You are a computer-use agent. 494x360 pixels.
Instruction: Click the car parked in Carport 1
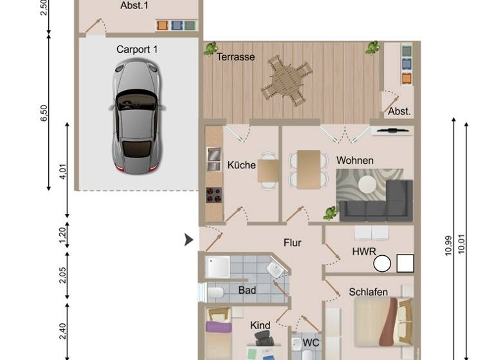136,116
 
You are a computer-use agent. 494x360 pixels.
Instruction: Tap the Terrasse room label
235,57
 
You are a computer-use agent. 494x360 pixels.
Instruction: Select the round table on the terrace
284,80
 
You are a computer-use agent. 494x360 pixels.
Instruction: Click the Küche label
241,165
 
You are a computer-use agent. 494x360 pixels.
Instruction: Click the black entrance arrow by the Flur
188,240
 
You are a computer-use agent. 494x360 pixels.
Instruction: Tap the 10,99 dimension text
448,244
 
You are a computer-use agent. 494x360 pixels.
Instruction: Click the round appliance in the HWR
382,264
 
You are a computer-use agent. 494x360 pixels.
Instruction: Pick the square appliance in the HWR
405,263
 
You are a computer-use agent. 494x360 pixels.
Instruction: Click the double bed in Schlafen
381,321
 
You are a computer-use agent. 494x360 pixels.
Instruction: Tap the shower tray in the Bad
217,267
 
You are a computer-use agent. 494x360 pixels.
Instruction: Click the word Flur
293,242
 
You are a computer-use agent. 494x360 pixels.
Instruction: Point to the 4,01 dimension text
62,172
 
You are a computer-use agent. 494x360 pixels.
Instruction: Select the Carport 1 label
137,49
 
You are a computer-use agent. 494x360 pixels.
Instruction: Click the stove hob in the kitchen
214,194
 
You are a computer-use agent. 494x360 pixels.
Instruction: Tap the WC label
311,343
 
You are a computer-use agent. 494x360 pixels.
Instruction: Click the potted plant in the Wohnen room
331,213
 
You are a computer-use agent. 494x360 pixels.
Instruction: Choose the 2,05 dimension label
62,275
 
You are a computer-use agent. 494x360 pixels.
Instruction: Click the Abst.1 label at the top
134,5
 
